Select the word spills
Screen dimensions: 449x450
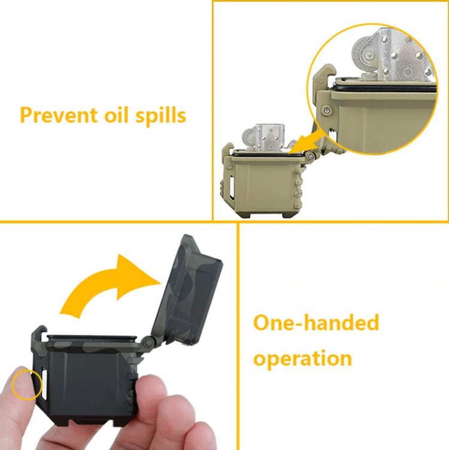pyautogui.click(x=160, y=116)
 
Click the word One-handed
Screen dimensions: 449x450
pyautogui.click(x=316, y=322)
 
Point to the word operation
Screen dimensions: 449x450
pyautogui.click(x=302, y=359)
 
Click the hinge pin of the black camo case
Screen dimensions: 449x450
pyautogui.click(x=148, y=342)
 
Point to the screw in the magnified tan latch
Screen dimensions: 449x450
pyautogui.click(x=326, y=109)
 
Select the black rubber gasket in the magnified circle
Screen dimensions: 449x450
pyautogui.click(x=384, y=86)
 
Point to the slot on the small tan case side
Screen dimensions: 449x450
pyautogui.click(x=232, y=186)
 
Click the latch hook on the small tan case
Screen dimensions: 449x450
pyautogui.click(x=229, y=152)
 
